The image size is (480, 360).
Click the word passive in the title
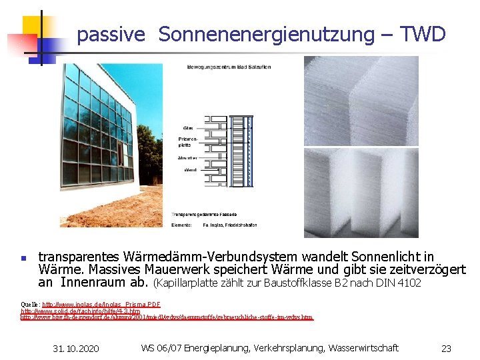111,35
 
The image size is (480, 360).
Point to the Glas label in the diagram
189,128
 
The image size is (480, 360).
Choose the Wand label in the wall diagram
189,170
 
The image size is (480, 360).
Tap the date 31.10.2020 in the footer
76,349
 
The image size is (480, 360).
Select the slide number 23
446,349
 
